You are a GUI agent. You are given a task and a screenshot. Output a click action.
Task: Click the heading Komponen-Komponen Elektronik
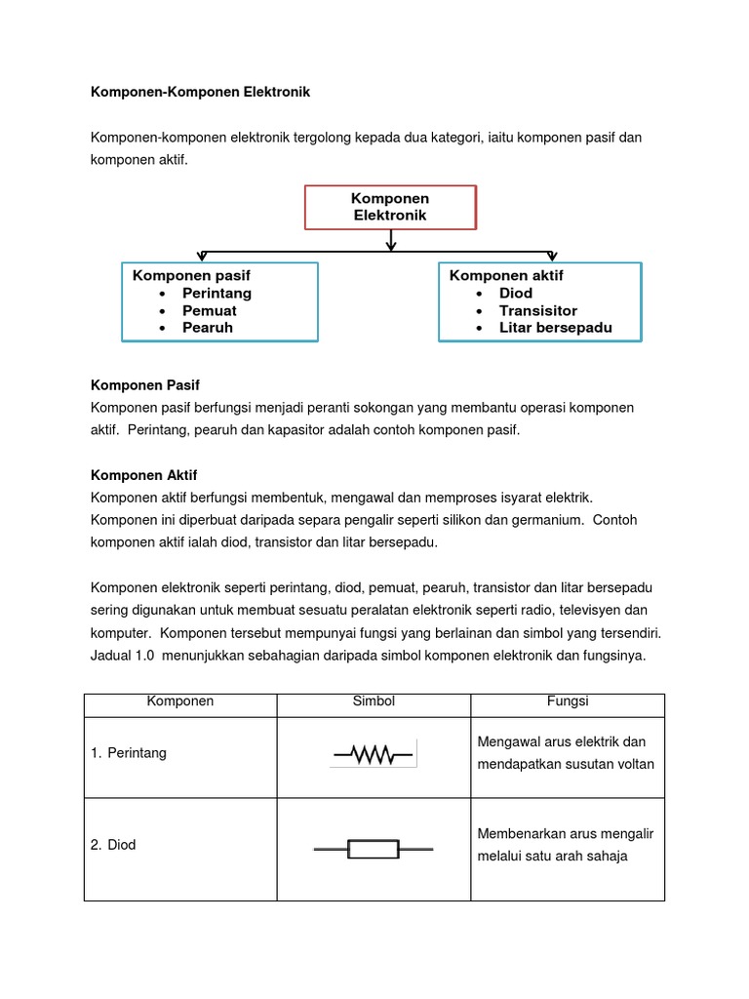coord(200,93)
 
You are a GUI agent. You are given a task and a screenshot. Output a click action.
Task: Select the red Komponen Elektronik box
coord(390,207)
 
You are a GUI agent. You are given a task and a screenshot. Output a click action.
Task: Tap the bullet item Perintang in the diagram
coord(217,293)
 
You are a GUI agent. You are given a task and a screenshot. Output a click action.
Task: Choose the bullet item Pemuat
coord(209,310)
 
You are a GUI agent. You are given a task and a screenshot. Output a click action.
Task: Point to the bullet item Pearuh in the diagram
coord(208,328)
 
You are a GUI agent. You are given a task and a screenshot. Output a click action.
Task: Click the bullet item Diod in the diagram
coord(516,293)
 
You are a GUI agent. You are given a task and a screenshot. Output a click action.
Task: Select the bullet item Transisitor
coord(538,310)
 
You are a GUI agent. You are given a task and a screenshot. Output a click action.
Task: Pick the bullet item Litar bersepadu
coord(556,328)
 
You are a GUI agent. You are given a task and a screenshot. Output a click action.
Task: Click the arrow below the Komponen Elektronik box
coord(391,240)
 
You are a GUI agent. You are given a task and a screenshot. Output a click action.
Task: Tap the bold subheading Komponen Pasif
coord(144,386)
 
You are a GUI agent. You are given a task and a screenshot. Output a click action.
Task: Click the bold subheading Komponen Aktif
coord(143,475)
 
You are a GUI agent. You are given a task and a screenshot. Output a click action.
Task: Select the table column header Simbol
coord(374,701)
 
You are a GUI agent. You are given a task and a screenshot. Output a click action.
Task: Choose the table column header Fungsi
coord(568,701)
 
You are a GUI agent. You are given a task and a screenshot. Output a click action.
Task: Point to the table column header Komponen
coord(180,701)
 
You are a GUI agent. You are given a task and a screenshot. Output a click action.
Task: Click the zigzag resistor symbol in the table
coord(374,754)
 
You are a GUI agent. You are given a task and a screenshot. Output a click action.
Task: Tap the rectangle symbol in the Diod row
coord(374,850)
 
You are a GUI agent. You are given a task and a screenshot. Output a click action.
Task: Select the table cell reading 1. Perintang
coord(128,753)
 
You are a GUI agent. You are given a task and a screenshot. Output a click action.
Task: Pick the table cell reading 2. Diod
coord(113,845)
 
